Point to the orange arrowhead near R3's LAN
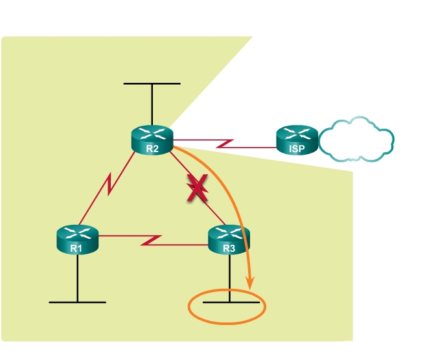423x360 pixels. pyautogui.click(x=249, y=282)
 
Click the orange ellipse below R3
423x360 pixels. pyautogui.click(x=227, y=308)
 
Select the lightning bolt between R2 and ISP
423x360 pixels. pyautogui.click(x=225, y=142)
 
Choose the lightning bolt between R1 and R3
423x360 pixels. pyautogui.click(x=152, y=240)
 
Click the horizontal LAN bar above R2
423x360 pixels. pyautogui.click(x=152, y=84)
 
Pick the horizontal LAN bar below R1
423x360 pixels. pyautogui.click(x=77, y=302)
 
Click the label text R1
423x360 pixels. pyautogui.click(x=77, y=247)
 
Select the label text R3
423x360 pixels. pyautogui.click(x=229, y=247)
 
